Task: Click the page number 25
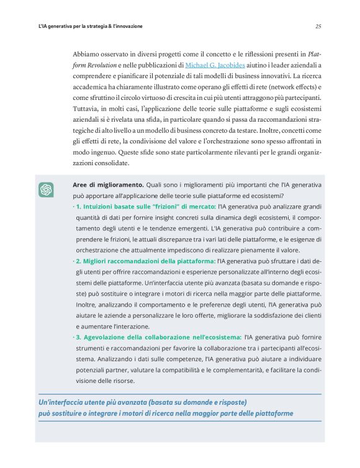[318, 27]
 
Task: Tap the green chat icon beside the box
[46, 190]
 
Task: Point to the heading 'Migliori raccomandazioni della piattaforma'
[146, 261]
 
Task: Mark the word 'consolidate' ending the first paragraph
[111, 163]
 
